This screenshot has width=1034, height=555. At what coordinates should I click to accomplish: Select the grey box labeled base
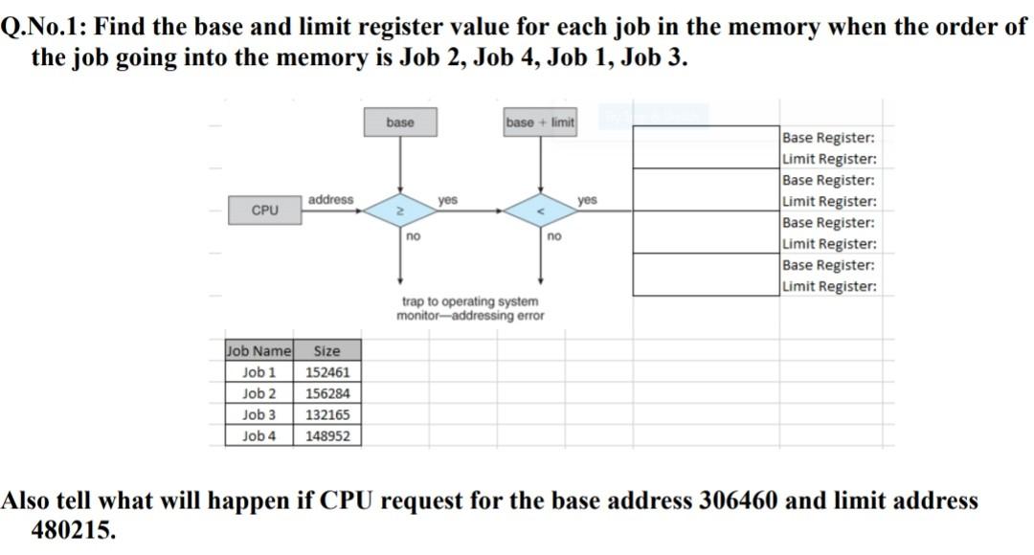point(399,122)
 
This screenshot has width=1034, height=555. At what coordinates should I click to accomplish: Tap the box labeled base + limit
point(540,122)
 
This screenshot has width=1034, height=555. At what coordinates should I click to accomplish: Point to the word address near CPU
point(330,199)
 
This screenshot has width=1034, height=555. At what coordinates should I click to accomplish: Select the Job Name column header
point(258,351)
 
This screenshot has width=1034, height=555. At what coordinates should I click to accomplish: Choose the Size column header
point(326,351)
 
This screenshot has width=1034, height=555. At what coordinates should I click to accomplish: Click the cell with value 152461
point(327,372)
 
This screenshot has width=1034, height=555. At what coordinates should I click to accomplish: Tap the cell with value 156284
point(327,393)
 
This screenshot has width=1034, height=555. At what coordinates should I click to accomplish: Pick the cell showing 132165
point(327,414)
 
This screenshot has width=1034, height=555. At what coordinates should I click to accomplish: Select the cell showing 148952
point(327,435)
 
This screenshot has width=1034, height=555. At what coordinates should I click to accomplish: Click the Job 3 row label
point(258,414)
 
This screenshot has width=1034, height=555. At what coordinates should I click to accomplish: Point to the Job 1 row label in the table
point(258,372)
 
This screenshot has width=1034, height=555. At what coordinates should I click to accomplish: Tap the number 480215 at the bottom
point(73,530)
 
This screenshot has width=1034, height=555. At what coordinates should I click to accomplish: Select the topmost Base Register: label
point(828,138)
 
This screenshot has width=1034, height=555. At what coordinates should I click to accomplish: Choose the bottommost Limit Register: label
point(828,286)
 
